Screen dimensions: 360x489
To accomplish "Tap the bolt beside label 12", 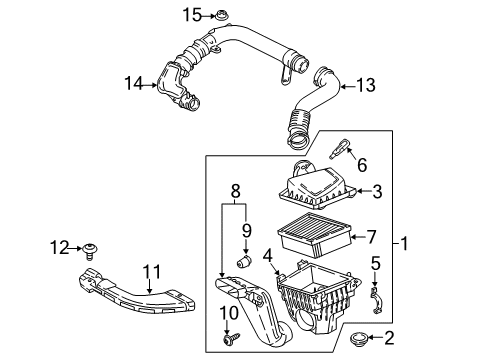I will (x=89, y=246).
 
